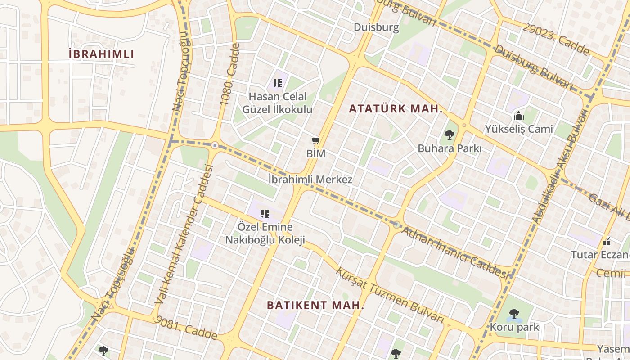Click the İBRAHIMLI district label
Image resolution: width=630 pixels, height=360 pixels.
pos(101,54)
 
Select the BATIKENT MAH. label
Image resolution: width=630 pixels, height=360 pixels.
pos(315,305)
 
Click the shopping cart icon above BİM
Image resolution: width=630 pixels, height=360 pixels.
pos(316,141)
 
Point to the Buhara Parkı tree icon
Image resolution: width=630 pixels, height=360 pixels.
pos(449,135)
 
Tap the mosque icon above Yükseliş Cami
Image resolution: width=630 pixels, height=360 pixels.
pos(519,116)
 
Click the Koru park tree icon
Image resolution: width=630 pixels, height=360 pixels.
pos(514,314)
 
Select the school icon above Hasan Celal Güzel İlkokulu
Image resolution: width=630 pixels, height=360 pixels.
pos(278,83)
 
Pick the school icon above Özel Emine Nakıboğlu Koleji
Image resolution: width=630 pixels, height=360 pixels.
pos(265,214)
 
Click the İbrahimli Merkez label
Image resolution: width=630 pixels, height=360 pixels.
pos(310,180)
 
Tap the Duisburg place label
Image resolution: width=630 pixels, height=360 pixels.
pos(376,27)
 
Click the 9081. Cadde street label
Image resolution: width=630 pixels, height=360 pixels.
pos(185,328)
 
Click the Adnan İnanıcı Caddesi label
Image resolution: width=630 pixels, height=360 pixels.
pos(456,253)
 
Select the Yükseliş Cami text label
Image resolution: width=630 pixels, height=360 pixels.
pos(519,129)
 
